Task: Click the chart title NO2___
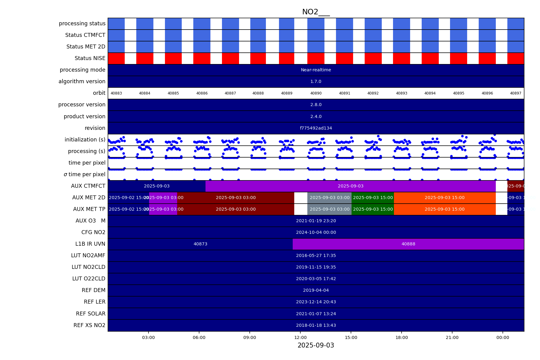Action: pos(316,12)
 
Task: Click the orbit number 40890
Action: pos(316,93)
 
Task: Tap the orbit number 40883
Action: pos(116,93)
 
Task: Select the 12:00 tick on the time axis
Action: pos(300,337)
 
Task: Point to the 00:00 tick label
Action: pos(502,337)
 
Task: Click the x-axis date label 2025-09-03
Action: pos(316,345)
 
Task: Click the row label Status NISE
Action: pos(90,58)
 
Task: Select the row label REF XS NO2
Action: pos(89,325)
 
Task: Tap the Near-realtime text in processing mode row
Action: pos(316,70)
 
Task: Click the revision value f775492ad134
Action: pos(316,128)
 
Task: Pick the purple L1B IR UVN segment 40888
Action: pos(408,244)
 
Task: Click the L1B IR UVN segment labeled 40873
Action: pos(200,244)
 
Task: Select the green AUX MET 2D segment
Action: pos(373,198)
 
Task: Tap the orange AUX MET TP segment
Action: pos(445,209)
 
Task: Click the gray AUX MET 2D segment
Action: pos(329,198)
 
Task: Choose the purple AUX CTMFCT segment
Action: pos(350,186)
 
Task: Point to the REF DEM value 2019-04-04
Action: pos(316,290)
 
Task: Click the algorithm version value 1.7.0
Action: pos(316,81)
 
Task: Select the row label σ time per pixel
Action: pos(84,174)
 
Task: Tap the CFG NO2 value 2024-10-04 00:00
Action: pos(316,232)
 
